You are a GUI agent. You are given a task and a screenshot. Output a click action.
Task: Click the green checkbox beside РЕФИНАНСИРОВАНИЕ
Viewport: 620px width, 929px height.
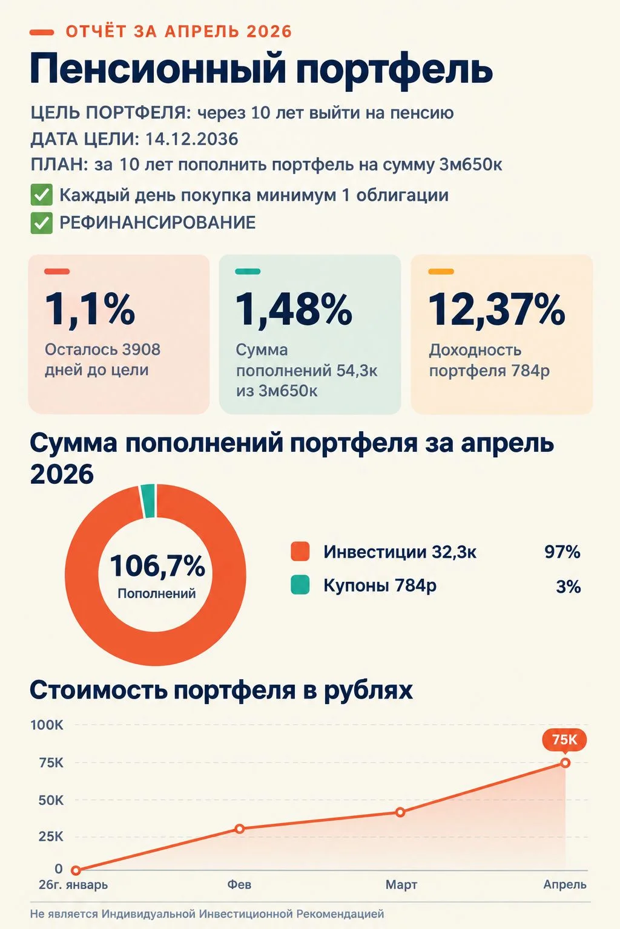coord(42,223)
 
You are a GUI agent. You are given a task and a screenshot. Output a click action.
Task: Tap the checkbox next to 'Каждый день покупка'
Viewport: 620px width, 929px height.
coord(42,195)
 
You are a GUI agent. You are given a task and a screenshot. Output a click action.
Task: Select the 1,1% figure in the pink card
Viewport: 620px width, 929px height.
coord(90,310)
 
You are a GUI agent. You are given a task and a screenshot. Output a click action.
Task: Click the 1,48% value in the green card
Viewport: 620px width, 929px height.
coord(294,310)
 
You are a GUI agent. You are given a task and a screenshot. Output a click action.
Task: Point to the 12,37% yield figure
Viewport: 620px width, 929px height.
coord(496,310)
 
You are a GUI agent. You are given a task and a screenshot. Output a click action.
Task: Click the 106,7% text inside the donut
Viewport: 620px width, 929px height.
coord(157,566)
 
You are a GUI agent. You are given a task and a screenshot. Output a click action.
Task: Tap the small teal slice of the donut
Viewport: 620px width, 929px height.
coord(148,501)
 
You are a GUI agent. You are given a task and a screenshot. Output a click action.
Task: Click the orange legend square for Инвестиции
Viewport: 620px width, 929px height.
coord(300,552)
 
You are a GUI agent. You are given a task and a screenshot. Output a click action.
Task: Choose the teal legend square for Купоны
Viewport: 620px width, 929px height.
coord(300,585)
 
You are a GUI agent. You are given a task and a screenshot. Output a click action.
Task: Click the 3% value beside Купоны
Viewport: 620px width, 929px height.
coord(568,587)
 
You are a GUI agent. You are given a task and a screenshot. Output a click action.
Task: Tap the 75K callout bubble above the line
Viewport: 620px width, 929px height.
coord(565,739)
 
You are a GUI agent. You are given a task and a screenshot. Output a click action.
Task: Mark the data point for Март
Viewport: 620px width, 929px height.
coord(400,812)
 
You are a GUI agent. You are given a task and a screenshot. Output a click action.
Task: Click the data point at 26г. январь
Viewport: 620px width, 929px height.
coord(76,870)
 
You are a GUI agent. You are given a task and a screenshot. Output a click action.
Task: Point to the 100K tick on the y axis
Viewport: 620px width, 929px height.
coord(47,725)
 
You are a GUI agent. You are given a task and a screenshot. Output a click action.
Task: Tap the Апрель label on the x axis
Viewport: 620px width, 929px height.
coord(565,885)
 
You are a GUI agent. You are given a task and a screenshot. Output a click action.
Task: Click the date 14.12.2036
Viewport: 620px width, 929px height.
coord(191,139)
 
